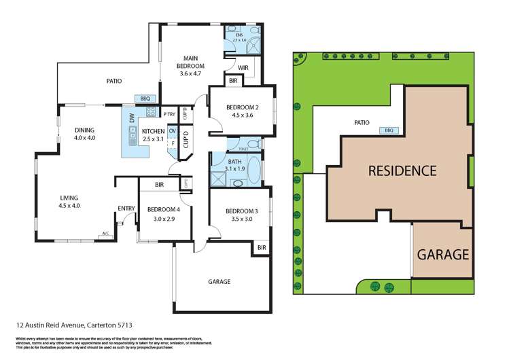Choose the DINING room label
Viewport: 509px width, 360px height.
[x=85, y=130]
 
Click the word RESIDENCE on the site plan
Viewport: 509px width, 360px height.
[x=402, y=170]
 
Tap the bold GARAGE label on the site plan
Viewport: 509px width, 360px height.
[x=443, y=255]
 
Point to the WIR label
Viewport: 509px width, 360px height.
[x=243, y=67]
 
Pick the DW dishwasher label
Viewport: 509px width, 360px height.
[x=131, y=118]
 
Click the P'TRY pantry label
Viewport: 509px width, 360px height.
[x=169, y=115]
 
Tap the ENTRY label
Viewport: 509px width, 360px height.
[x=126, y=209]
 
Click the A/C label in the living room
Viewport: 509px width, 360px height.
[x=105, y=234]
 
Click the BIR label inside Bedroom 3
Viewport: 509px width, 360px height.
[x=262, y=248]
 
